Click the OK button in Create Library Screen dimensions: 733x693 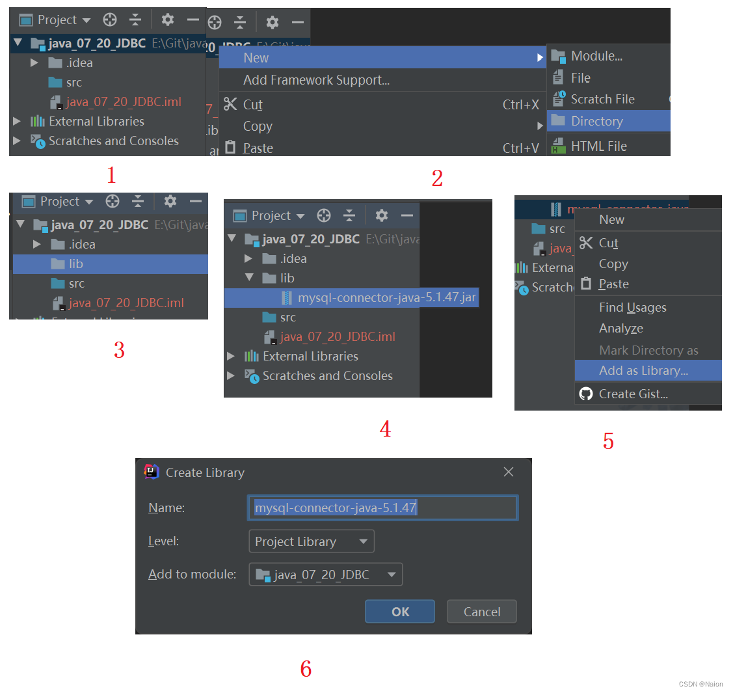pyautogui.click(x=399, y=612)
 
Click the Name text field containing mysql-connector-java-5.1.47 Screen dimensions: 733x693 pyautogui.click(x=382, y=508)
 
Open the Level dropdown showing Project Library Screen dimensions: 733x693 pyautogui.click(x=311, y=541)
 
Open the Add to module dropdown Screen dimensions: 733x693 pyautogui.click(x=325, y=575)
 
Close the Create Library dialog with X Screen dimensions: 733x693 pyautogui.click(x=509, y=472)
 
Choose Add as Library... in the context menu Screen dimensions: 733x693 pyautogui.click(x=643, y=370)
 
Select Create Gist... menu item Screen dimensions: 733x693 pyautogui.click(x=633, y=394)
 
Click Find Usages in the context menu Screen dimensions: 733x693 pyautogui.click(x=632, y=307)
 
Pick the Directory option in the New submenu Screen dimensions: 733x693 pyautogui.click(x=596, y=121)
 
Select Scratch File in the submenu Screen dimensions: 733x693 pyautogui.click(x=602, y=99)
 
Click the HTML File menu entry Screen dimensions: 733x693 pyautogui.click(x=598, y=146)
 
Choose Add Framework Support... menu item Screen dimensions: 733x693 pyautogui.click(x=316, y=80)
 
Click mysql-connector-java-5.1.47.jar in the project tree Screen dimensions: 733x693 pyautogui.click(x=386, y=298)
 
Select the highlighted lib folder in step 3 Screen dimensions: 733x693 pyautogui.click(x=76, y=264)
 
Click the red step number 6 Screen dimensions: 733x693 pyautogui.click(x=306, y=669)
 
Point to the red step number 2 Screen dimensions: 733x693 pyautogui.click(x=437, y=178)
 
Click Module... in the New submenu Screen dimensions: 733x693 pyautogui.click(x=596, y=56)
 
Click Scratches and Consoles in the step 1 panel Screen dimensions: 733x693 pyautogui.click(x=113, y=141)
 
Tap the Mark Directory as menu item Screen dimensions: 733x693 pyautogui.click(x=648, y=350)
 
